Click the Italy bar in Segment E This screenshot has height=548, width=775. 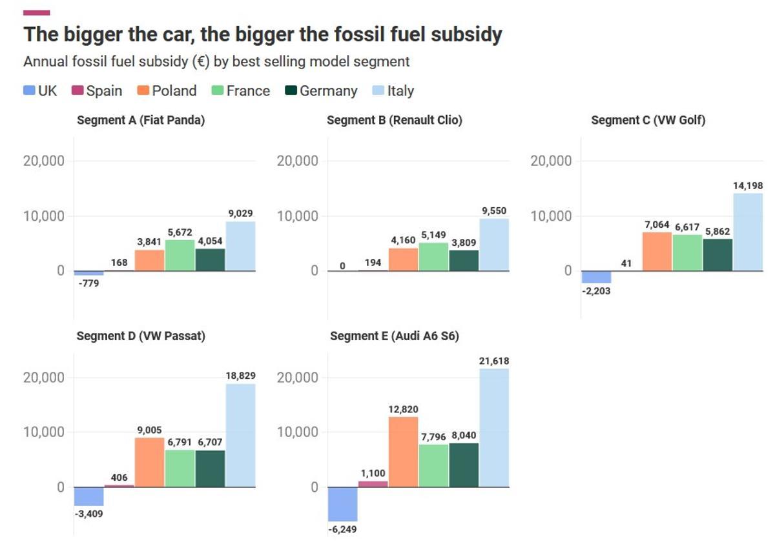click(x=494, y=427)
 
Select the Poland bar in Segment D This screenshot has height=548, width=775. click(x=149, y=462)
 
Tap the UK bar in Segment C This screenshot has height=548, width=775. click(x=596, y=277)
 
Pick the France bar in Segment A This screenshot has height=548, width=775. click(x=180, y=255)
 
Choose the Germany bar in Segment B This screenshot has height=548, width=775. click(x=464, y=260)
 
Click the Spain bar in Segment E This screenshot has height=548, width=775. click(x=373, y=483)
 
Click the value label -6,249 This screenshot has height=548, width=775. click(x=342, y=529)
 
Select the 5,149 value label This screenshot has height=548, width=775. click(x=433, y=235)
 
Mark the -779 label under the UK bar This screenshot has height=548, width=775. click(x=88, y=283)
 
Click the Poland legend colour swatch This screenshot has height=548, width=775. click(x=143, y=91)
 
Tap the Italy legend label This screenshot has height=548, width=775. click(x=400, y=91)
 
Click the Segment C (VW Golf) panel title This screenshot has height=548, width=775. click(x=648, y=120)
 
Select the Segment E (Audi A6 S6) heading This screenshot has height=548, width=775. click(x=395, y=336)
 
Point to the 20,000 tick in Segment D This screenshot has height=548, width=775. click(x=44, y=378)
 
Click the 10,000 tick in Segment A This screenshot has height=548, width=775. click(x=44, y=216)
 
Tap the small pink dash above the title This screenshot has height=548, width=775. click(x=36, y=12)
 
